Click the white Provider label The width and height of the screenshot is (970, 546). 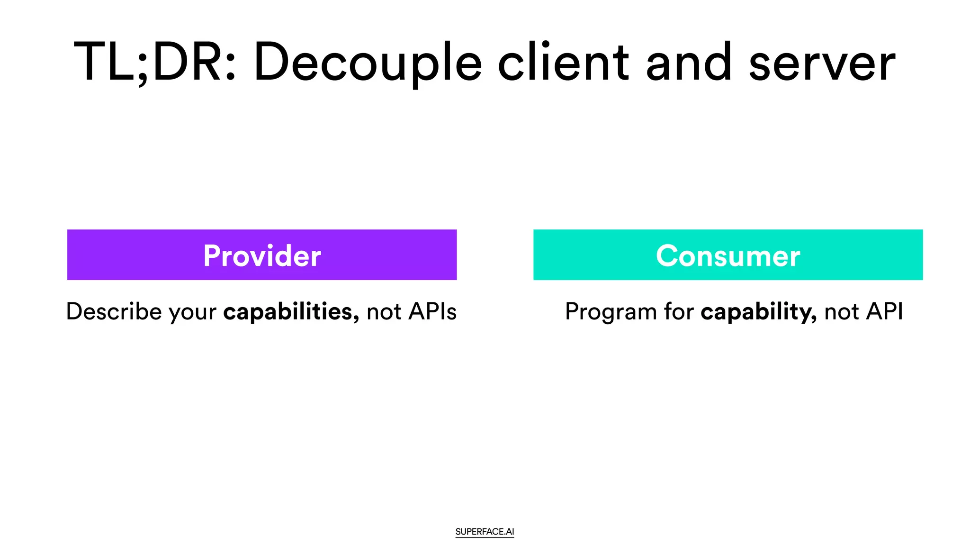tap(262, 256)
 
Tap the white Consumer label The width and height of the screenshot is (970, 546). tap(728, 256)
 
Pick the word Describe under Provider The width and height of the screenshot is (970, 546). tap(114, 312)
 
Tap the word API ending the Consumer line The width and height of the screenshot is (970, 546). tap(884, 312)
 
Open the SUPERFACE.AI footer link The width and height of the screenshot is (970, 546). tap(485, 532)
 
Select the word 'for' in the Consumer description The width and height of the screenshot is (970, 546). tap(679, 312)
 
